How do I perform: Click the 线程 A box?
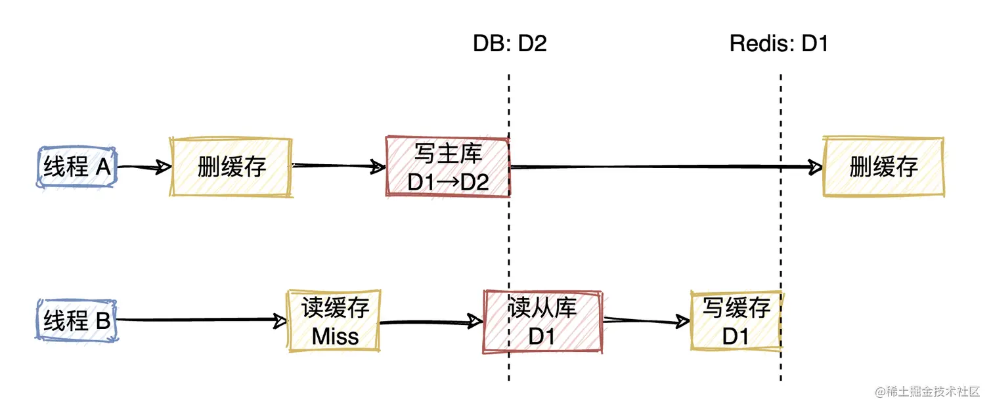(x=77, y=167)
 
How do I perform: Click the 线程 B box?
(x=77, y=321)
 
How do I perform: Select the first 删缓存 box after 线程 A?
(x=231, y=167)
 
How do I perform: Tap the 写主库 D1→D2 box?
(x=448, y=167)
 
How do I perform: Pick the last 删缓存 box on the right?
(x=883, y=167)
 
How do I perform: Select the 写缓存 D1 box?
(x=736, y=321)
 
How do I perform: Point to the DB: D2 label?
(x=510, y=44)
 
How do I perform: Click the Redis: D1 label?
(x=779, y=44)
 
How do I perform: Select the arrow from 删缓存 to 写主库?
(x=338, y=167)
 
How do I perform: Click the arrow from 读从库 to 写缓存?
(x=647, y=321)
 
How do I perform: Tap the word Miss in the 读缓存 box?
(x=335, y=336)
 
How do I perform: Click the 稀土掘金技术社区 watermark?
(x=926, y=391)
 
